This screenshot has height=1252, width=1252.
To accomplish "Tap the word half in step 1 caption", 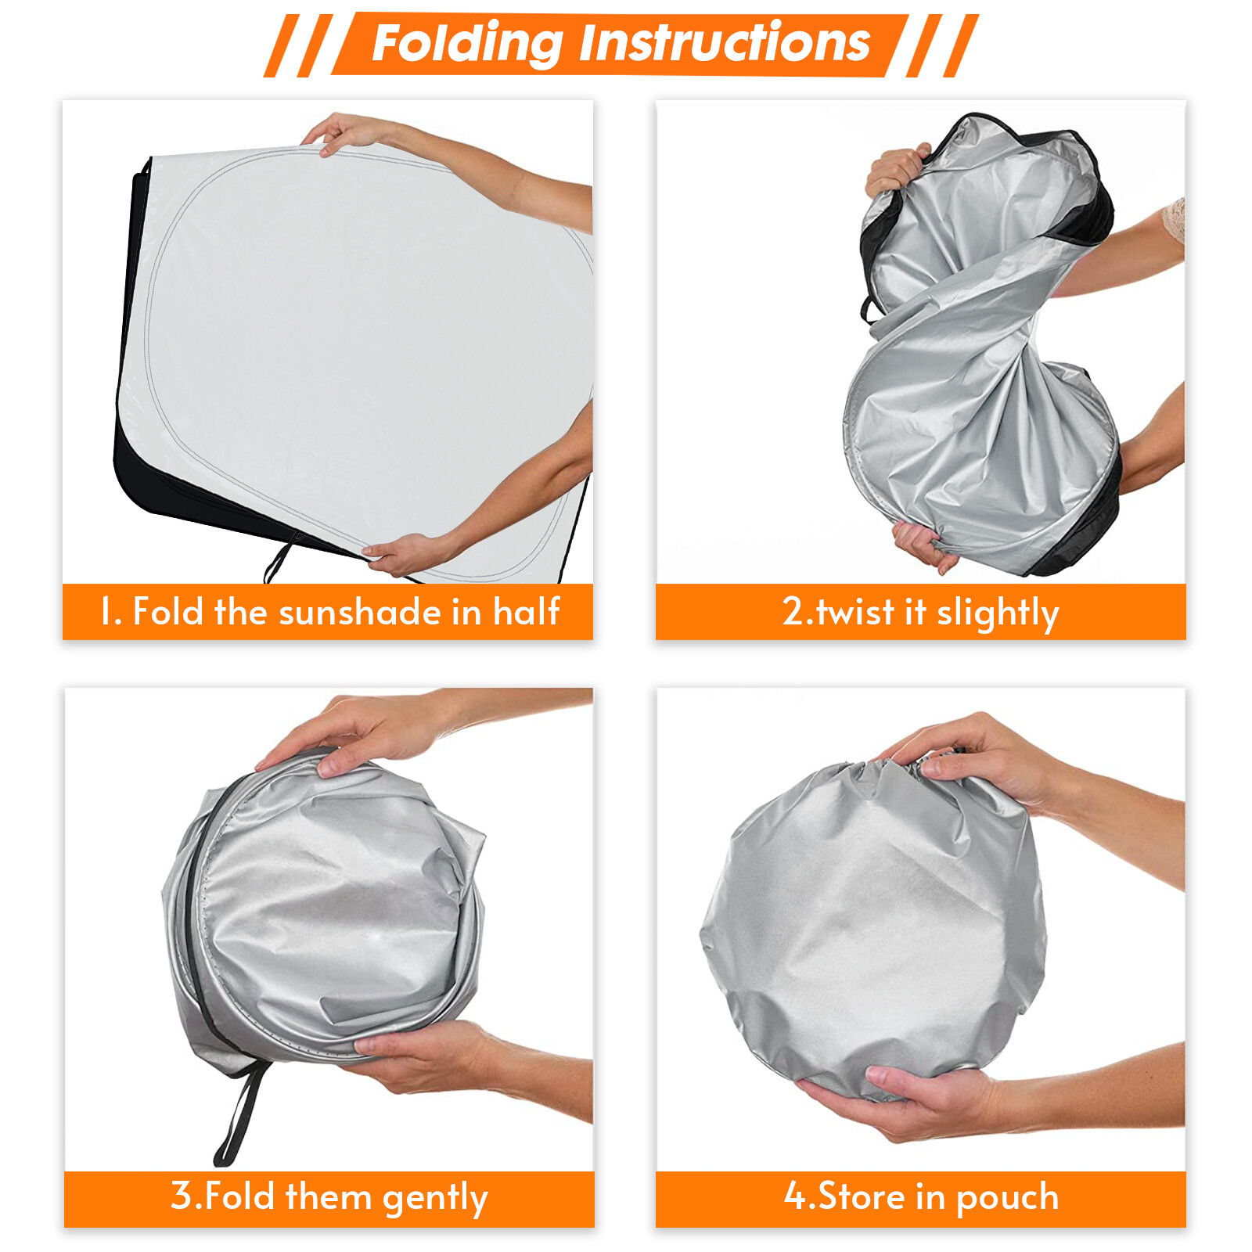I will tap(526, 611).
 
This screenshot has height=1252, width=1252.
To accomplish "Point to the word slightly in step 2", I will tap(998, 613).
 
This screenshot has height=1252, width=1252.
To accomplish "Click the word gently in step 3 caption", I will tap(435, 1198).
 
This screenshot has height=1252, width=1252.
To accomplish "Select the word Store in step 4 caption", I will tap(862, 1196).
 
